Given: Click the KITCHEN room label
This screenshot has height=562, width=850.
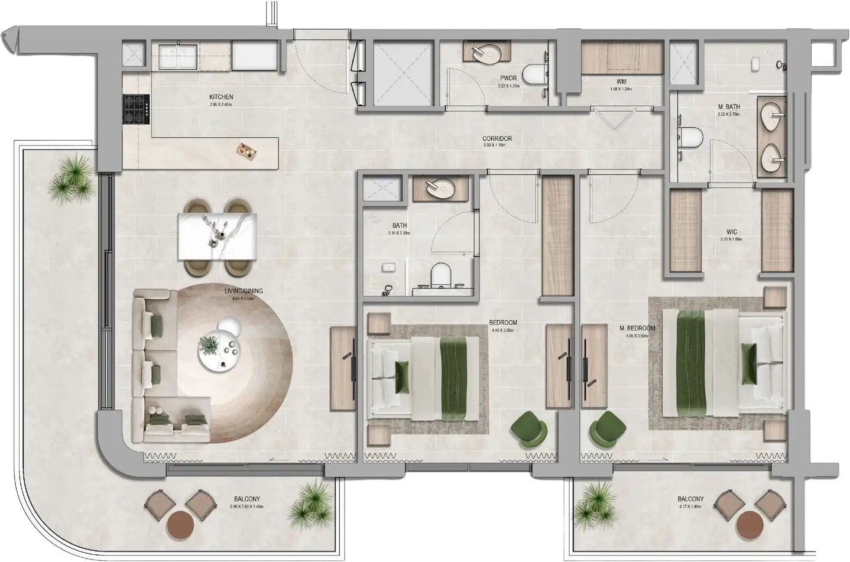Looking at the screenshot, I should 221,97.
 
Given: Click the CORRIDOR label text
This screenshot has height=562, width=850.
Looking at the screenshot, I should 497,139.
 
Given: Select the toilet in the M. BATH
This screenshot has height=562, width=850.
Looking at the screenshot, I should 689,137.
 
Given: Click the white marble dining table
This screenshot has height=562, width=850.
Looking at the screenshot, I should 218,236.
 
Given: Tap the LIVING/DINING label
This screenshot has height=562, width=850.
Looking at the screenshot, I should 243,291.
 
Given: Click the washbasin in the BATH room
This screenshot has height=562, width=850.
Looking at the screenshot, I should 441,187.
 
